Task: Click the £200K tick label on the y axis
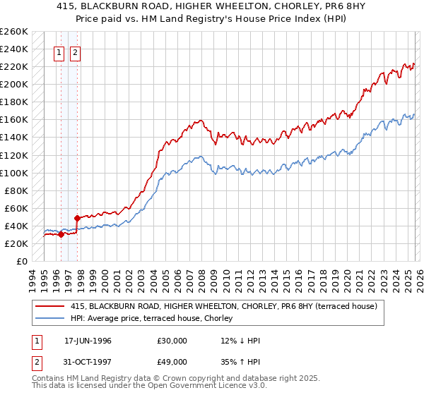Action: (x=13, y=84)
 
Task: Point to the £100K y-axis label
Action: (x=13, y=173)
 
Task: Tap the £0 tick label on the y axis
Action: (x=20, y=261)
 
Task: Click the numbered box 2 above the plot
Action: (x=75, y=51)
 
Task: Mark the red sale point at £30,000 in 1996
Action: (x=61, y=235)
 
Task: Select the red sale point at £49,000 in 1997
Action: (x=77, y=218)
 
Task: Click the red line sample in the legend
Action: (x=50, y=306)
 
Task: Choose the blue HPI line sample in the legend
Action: (x=50, y=317)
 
